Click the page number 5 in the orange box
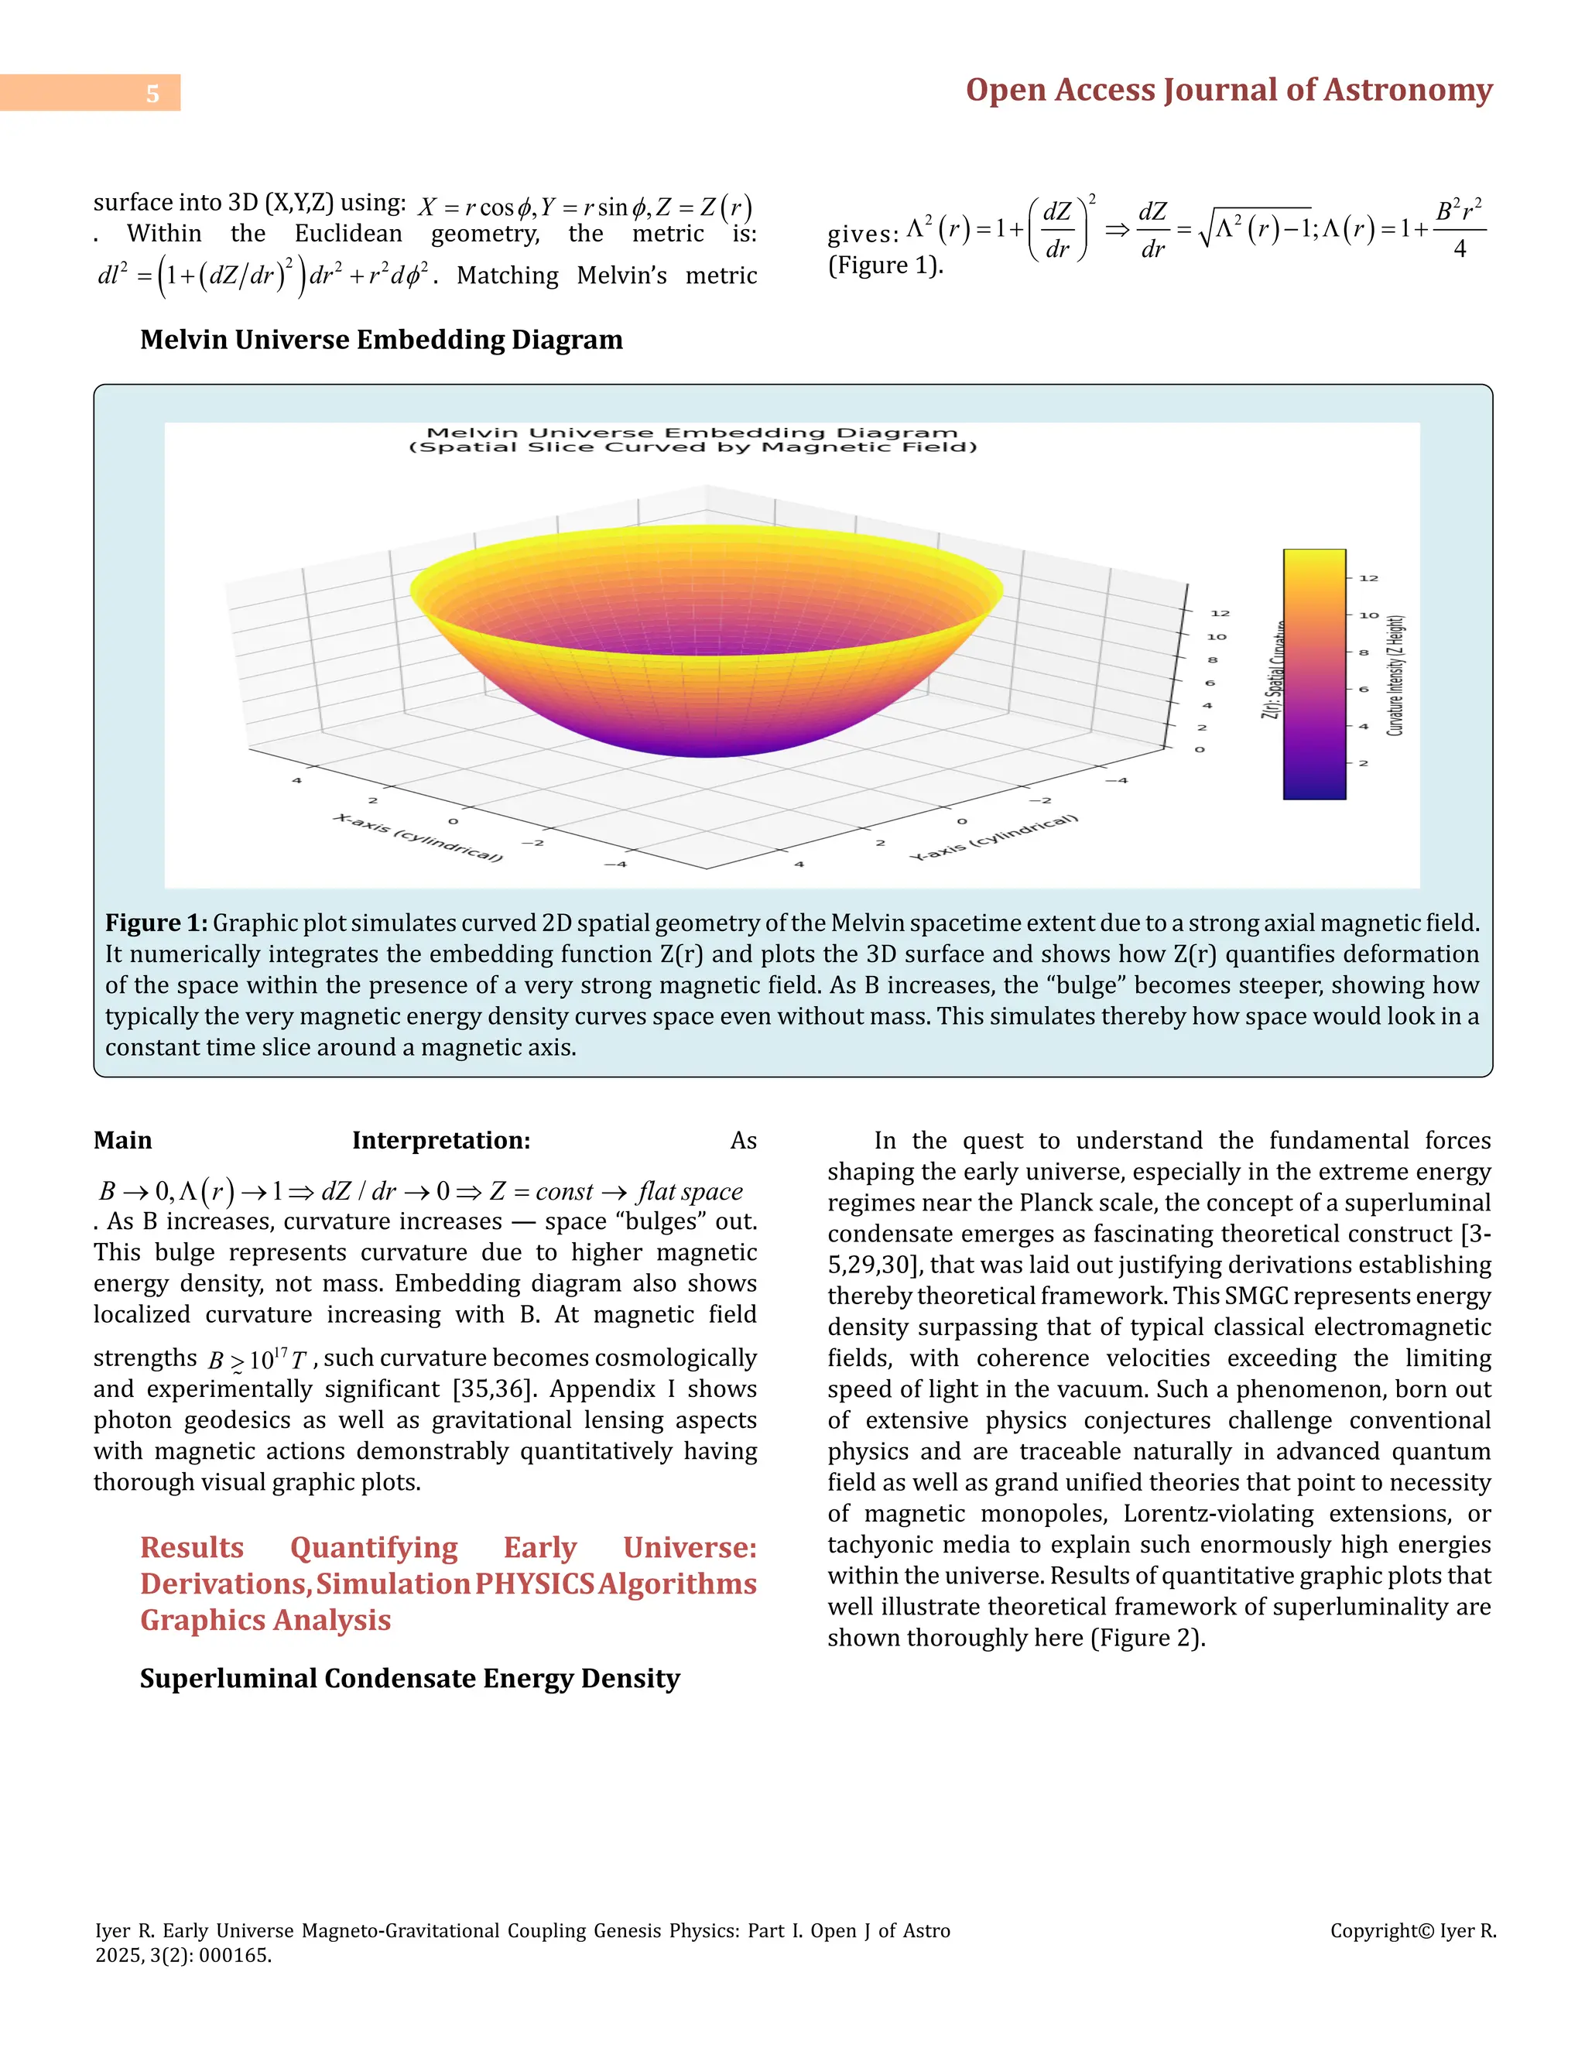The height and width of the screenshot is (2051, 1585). pos(152,93)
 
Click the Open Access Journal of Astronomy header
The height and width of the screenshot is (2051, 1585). pos(1228,90)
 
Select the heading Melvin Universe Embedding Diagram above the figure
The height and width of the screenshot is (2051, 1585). pos(382,340)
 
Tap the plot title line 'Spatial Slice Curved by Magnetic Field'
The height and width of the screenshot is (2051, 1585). pos(693,448)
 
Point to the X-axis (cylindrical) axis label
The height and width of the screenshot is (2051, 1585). pos(418,837)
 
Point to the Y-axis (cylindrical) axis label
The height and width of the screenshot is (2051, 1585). pos(994,837)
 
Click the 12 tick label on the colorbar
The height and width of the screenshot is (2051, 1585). pos(1369,578)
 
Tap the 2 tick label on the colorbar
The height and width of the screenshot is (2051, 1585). pos(1364,763)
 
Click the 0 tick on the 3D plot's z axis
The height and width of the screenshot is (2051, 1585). pos(1199,749)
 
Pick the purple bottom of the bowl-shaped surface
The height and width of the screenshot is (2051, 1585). pos(709,742)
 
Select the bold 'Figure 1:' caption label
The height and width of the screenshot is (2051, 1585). pos(156,923)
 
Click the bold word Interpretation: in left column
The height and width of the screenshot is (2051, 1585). pos(441,1141)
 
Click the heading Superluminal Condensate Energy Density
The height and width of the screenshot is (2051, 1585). pos(409,1678)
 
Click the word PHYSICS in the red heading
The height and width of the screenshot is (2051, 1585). pos(534,1584)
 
